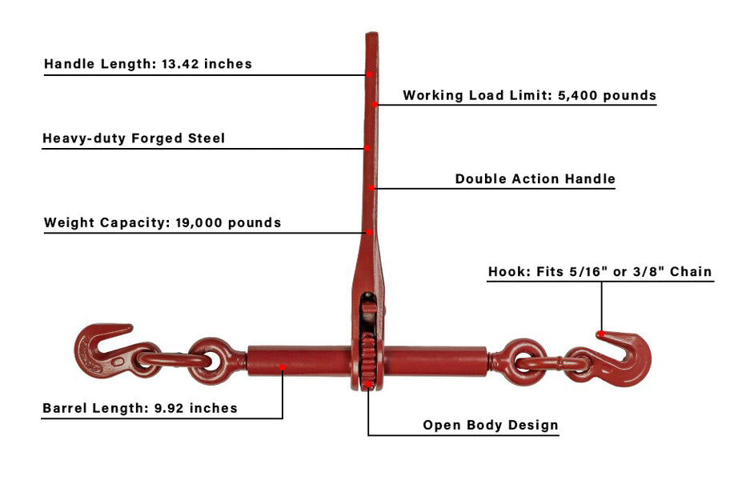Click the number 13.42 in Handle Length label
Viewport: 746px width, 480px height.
pos(180,64)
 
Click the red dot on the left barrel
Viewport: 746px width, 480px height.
pos(283,367)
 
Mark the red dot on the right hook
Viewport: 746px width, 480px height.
pos(601,334)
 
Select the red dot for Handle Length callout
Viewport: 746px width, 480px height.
pos(369,74)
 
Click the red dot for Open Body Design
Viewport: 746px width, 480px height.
pos(368,384)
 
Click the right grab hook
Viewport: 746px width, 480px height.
pos(633,366)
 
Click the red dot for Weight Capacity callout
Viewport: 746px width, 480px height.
pos(369,233)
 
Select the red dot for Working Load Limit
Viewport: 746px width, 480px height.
pos(375,104)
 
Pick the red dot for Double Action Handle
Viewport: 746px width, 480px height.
pos(371,188)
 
